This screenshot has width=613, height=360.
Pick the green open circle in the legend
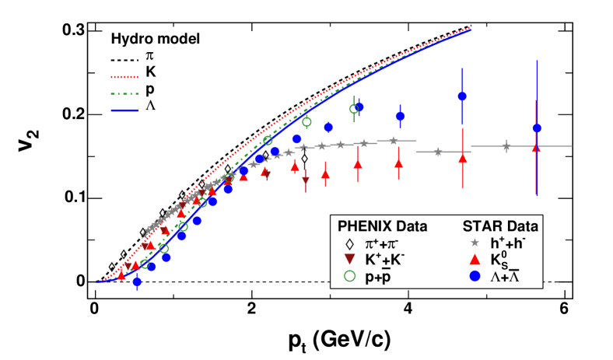349,276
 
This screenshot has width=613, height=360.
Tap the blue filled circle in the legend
473,276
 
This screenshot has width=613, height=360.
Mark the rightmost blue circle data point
536,128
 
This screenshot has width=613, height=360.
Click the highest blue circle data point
462,96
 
